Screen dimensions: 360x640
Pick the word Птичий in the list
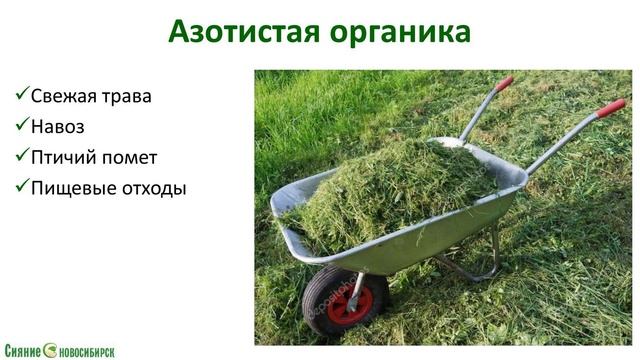coord(67,157)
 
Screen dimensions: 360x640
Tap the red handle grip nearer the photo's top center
coord(503,83)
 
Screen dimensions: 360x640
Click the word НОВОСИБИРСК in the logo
coord(87,351)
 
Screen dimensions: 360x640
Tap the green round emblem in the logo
coord(49,350)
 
